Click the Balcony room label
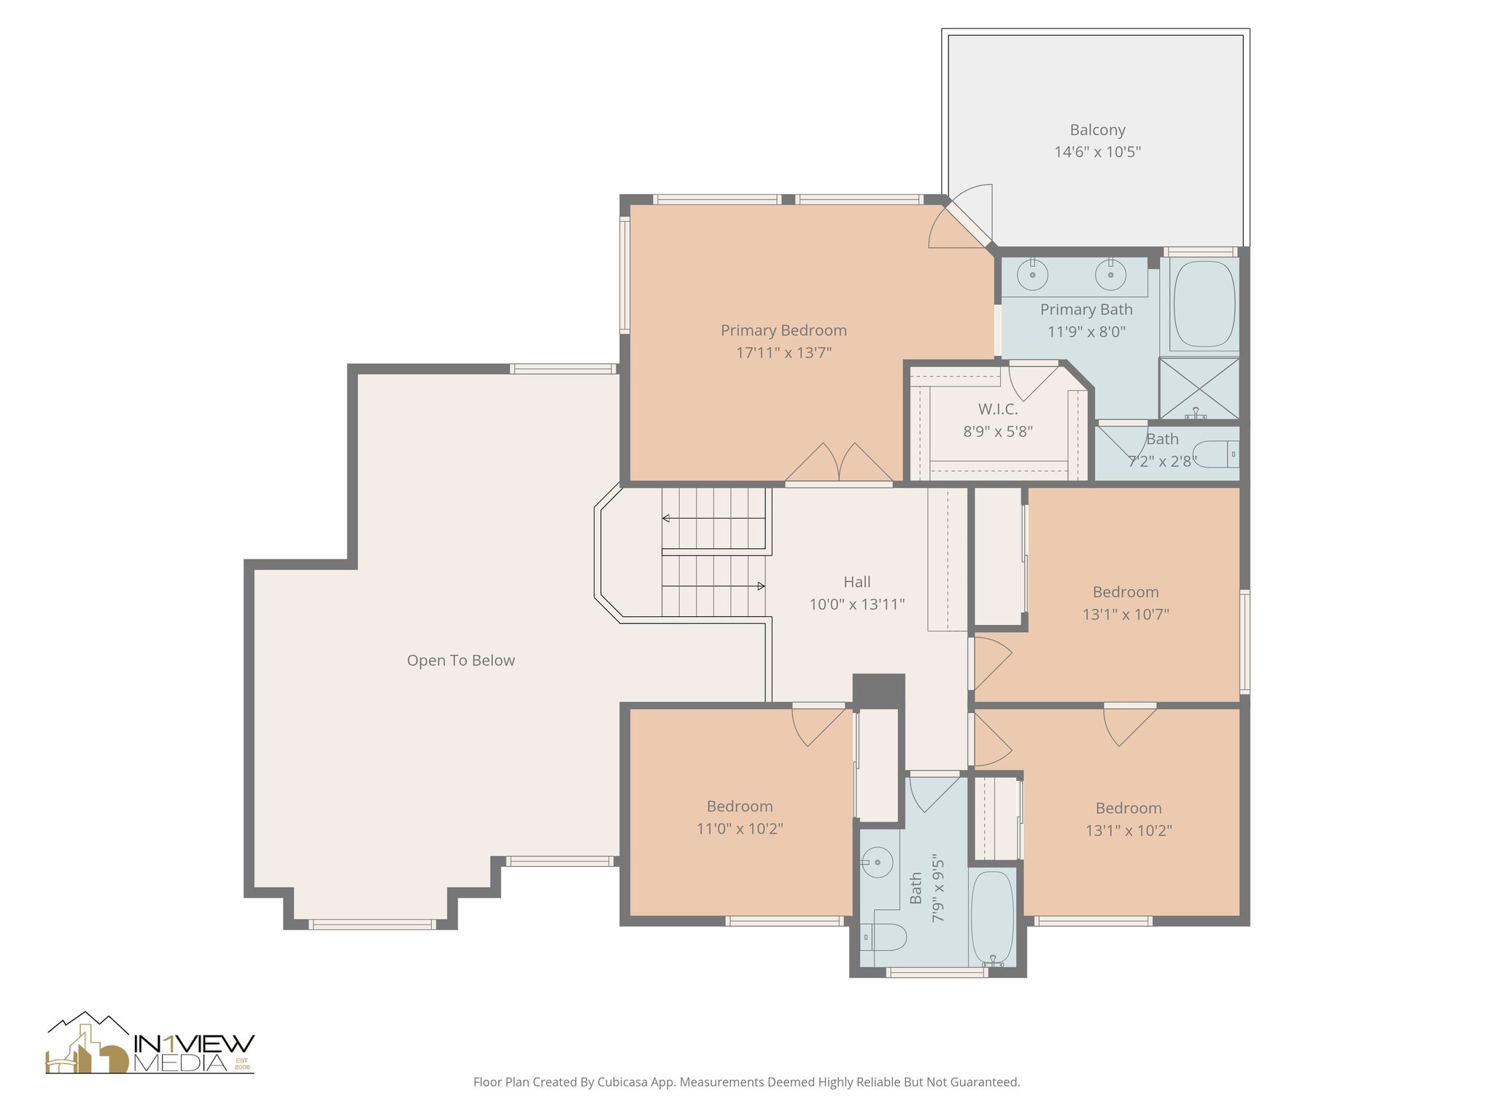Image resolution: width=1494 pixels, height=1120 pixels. tap(1097, 130)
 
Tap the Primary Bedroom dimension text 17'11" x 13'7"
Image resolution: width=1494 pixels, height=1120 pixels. tap(783, 353)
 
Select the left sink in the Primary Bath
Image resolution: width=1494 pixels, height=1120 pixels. tap(1033, 275)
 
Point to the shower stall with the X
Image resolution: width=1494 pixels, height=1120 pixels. tap(1199, 388)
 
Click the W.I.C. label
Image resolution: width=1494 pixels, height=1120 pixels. tap(997, 409)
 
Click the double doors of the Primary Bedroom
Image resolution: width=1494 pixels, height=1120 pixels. tap(838, 464)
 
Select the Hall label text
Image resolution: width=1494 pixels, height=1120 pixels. tap(856, 582)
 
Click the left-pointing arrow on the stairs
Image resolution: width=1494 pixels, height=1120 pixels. tap(667, 518)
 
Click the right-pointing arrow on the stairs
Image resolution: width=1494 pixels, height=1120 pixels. tap(760, 586)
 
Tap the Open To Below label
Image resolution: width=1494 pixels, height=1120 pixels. tap(460, 661)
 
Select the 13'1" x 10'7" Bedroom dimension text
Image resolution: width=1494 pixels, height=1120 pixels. tap(1125, 614)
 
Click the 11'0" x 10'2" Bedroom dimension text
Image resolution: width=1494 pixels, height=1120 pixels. tap(739, 828)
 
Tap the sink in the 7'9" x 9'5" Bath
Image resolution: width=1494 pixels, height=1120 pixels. tap(878, 863)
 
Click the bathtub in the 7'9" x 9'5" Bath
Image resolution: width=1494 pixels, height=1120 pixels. tap(992, 917)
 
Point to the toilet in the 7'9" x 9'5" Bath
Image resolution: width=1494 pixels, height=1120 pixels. tap(885, 936)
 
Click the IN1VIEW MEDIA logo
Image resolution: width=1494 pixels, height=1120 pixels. tap(150, 1044)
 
